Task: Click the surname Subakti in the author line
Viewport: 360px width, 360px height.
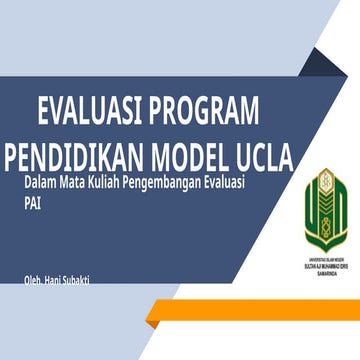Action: [102, 280]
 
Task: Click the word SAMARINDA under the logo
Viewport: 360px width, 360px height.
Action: [325, 274]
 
